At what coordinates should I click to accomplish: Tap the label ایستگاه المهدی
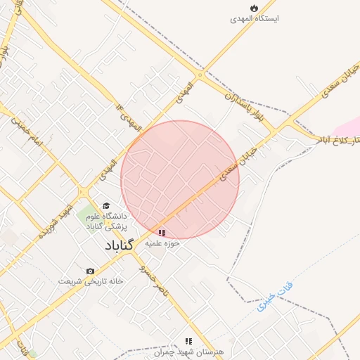pos(255,19)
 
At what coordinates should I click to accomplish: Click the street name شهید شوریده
pos(56,219)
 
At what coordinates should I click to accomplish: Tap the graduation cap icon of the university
pos(105,206)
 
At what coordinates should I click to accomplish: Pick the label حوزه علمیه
pos(163,243)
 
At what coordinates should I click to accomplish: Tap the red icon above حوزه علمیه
pos(162,232)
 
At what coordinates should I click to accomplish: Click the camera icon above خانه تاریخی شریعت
pos(90,271)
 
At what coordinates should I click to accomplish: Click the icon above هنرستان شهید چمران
pos(188,341)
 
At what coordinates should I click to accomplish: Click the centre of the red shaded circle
pos(180,179)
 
